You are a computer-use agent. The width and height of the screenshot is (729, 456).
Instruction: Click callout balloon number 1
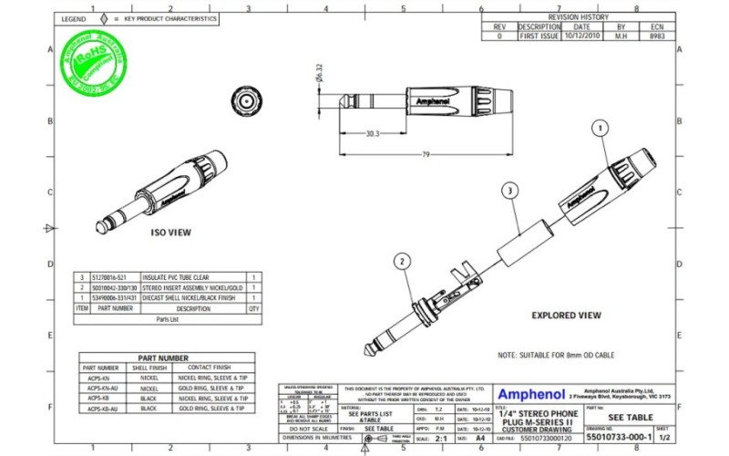tap(600, 129)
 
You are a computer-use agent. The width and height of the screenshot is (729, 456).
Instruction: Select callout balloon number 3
tap(510, 190)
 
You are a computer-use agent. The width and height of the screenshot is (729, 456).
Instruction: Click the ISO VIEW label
tap(169, 233)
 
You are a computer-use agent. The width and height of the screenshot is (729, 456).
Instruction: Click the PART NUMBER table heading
tap(163, 358)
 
